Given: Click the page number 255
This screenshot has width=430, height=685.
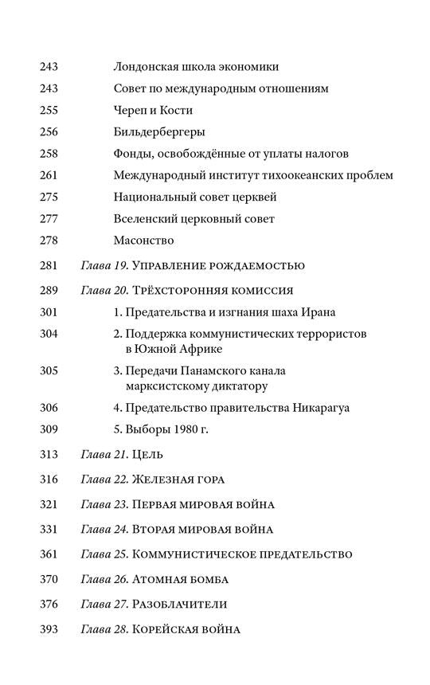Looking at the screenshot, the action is [49, 110].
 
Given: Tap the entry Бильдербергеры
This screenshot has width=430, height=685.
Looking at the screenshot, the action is [159, 131].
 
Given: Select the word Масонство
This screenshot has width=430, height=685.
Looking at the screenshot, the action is [143, 240].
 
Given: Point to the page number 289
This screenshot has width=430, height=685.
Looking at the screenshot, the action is [49, 291].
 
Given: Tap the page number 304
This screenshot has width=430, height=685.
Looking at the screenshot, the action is [49, 334].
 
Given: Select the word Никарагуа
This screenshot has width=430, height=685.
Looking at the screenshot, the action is [318, 407].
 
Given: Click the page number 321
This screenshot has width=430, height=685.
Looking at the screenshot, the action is [49, 504].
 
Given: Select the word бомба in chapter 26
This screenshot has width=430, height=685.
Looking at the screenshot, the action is [207, 578].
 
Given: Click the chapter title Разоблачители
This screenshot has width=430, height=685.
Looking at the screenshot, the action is [180, 604].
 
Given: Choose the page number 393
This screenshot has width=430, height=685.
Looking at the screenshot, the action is [49, 629].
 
